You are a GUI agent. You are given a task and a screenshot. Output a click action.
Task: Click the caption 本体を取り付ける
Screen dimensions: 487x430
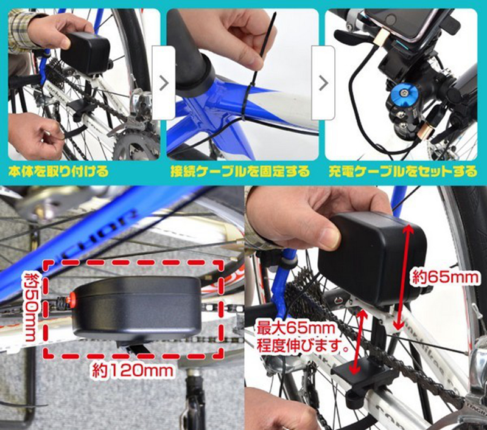[58, 172]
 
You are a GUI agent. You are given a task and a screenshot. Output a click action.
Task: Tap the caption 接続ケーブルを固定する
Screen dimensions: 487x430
[240, 172]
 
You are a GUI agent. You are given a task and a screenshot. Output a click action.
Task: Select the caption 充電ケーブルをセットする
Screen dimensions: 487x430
[403, 172]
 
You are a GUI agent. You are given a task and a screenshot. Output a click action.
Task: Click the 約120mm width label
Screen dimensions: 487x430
[133, 370]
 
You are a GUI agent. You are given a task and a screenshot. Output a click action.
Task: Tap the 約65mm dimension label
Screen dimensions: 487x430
[445, 277]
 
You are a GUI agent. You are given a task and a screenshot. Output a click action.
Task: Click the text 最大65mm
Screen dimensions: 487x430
[296, 328]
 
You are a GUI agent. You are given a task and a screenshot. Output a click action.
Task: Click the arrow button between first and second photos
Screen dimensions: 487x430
[164, 83]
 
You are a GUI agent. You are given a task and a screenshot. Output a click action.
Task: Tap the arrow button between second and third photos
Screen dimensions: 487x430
[323, 83]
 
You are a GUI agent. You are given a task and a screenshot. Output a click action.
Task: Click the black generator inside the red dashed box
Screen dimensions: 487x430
[136, 307]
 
